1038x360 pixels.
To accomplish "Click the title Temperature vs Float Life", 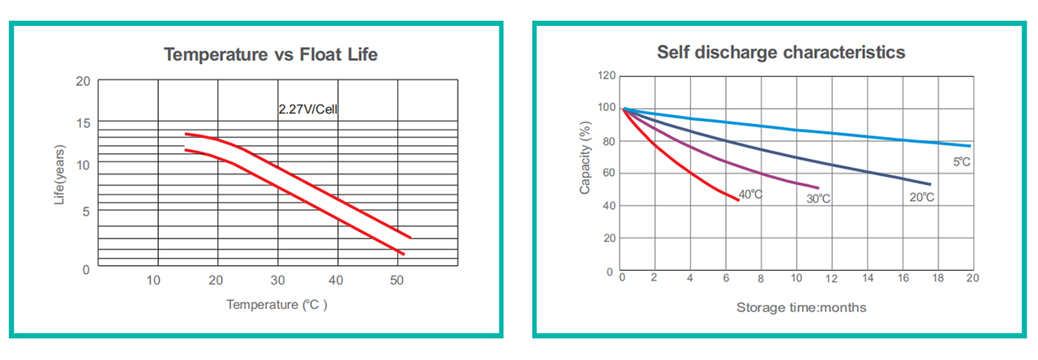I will click(270, 55).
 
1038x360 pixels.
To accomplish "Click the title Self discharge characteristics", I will click(780, 53).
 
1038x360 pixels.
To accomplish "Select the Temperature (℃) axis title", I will click(277, 305).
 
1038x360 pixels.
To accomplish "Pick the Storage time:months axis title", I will click(800, 307).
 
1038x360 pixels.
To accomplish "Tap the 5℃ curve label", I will click(961, 162).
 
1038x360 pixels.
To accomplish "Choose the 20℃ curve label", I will click(922, 198).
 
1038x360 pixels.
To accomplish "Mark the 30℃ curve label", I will click(817, 199).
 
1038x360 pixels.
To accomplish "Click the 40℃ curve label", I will click(750, 195).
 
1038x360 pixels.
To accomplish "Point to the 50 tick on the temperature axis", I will click(397, 281).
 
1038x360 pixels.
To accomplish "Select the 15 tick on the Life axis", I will click(83, 123).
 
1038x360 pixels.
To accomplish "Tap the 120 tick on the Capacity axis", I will click(606, 76).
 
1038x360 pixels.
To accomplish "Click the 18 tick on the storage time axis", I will click(937, 278).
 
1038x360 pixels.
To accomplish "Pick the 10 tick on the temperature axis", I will click(153, 281).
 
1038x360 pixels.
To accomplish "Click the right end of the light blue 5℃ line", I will click(971, 146).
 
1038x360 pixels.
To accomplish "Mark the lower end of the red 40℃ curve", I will click(738, 200).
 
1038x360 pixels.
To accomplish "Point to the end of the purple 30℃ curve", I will click(818, 188).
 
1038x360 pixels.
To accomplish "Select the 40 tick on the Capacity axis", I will click(608, 206).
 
